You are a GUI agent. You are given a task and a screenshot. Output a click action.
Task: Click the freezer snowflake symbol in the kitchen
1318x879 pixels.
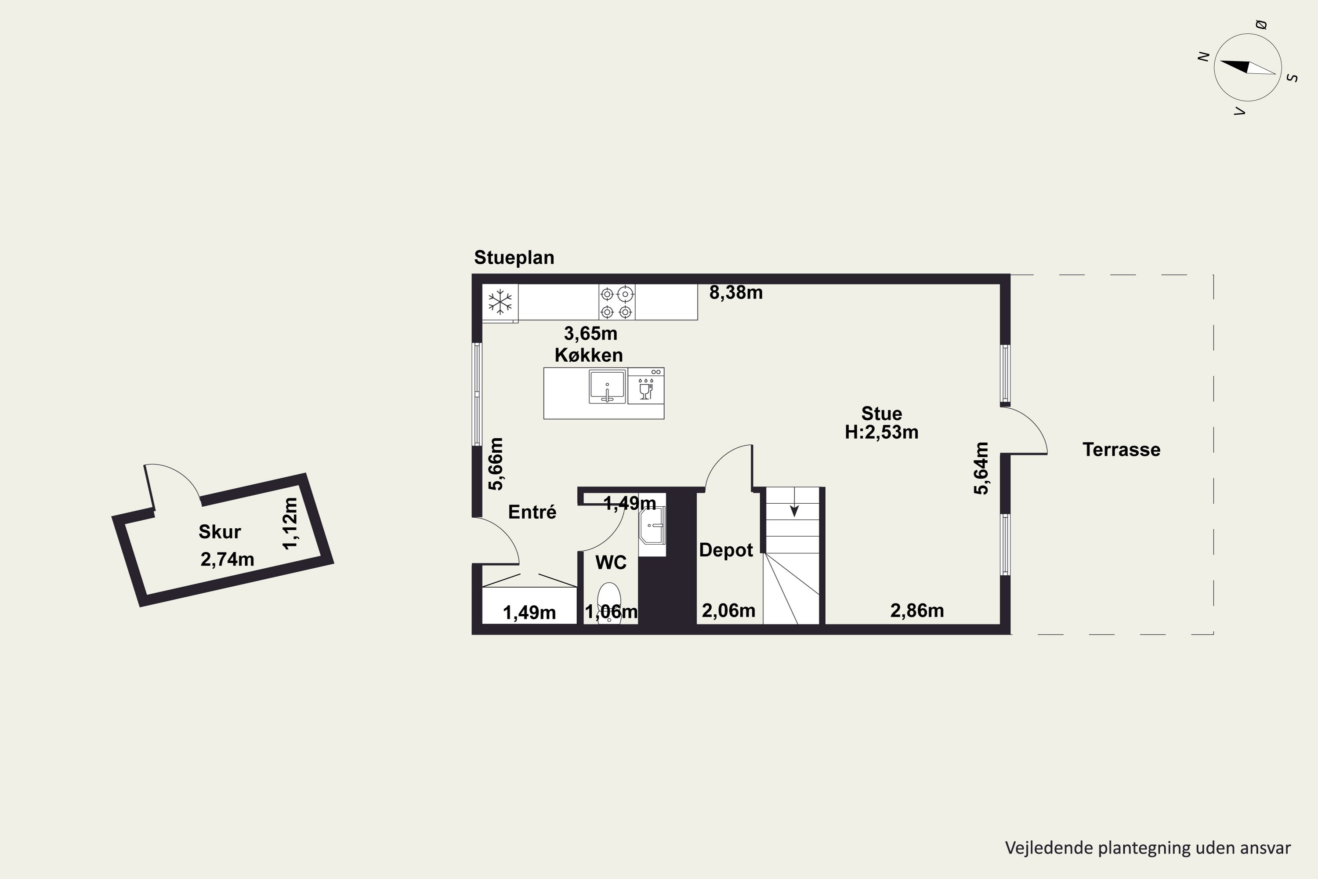click(500, 301)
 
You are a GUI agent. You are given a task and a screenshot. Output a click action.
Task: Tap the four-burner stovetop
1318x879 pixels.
click(617, 302)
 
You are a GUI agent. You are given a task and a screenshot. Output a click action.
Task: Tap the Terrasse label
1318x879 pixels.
click(1121, 450)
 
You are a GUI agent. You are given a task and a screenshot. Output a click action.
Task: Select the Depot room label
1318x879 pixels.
click(726, 550)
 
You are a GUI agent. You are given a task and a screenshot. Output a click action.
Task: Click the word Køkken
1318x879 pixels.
click(588, 355)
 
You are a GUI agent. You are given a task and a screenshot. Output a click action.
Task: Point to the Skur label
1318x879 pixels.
click(220, 531)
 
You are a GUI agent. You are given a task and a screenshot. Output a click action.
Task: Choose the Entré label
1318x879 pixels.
click(532, 512)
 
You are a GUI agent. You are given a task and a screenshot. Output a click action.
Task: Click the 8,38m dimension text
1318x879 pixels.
click(736, 293)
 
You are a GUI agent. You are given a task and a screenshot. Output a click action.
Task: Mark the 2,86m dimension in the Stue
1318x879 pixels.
click(917, 610)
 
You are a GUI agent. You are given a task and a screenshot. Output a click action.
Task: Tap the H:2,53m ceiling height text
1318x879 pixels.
click(881, 432)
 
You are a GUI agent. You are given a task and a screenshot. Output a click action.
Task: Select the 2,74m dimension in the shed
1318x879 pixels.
click(227, 559)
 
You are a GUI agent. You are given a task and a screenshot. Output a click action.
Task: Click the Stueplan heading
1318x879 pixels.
click(514, 257)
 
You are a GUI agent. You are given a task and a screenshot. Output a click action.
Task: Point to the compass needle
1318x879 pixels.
click(1248, 67)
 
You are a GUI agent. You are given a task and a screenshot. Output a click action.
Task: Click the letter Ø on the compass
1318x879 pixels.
click(1261, 25)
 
